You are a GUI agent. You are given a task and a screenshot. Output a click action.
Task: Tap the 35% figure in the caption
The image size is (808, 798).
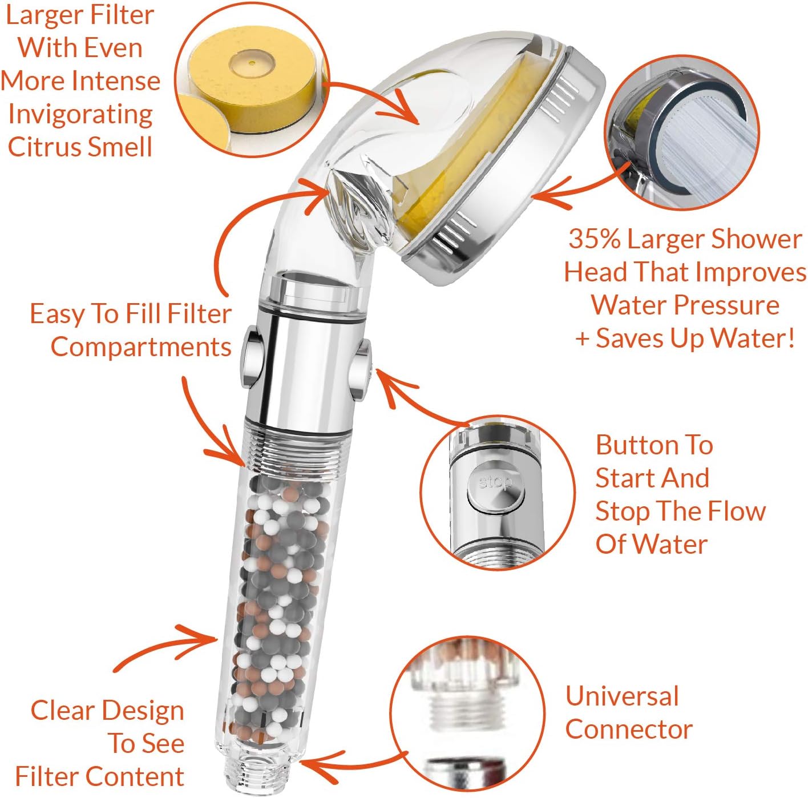[x=593, y=239]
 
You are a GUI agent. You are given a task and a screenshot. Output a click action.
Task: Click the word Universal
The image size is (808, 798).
[x=622, y=696]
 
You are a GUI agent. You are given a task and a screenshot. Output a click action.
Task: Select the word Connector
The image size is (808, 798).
[x=629, y=730]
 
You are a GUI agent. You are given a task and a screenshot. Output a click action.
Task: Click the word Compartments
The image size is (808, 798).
[x=141, y=347]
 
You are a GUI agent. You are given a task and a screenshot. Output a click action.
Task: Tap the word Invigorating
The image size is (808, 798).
[x=80, y=114]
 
